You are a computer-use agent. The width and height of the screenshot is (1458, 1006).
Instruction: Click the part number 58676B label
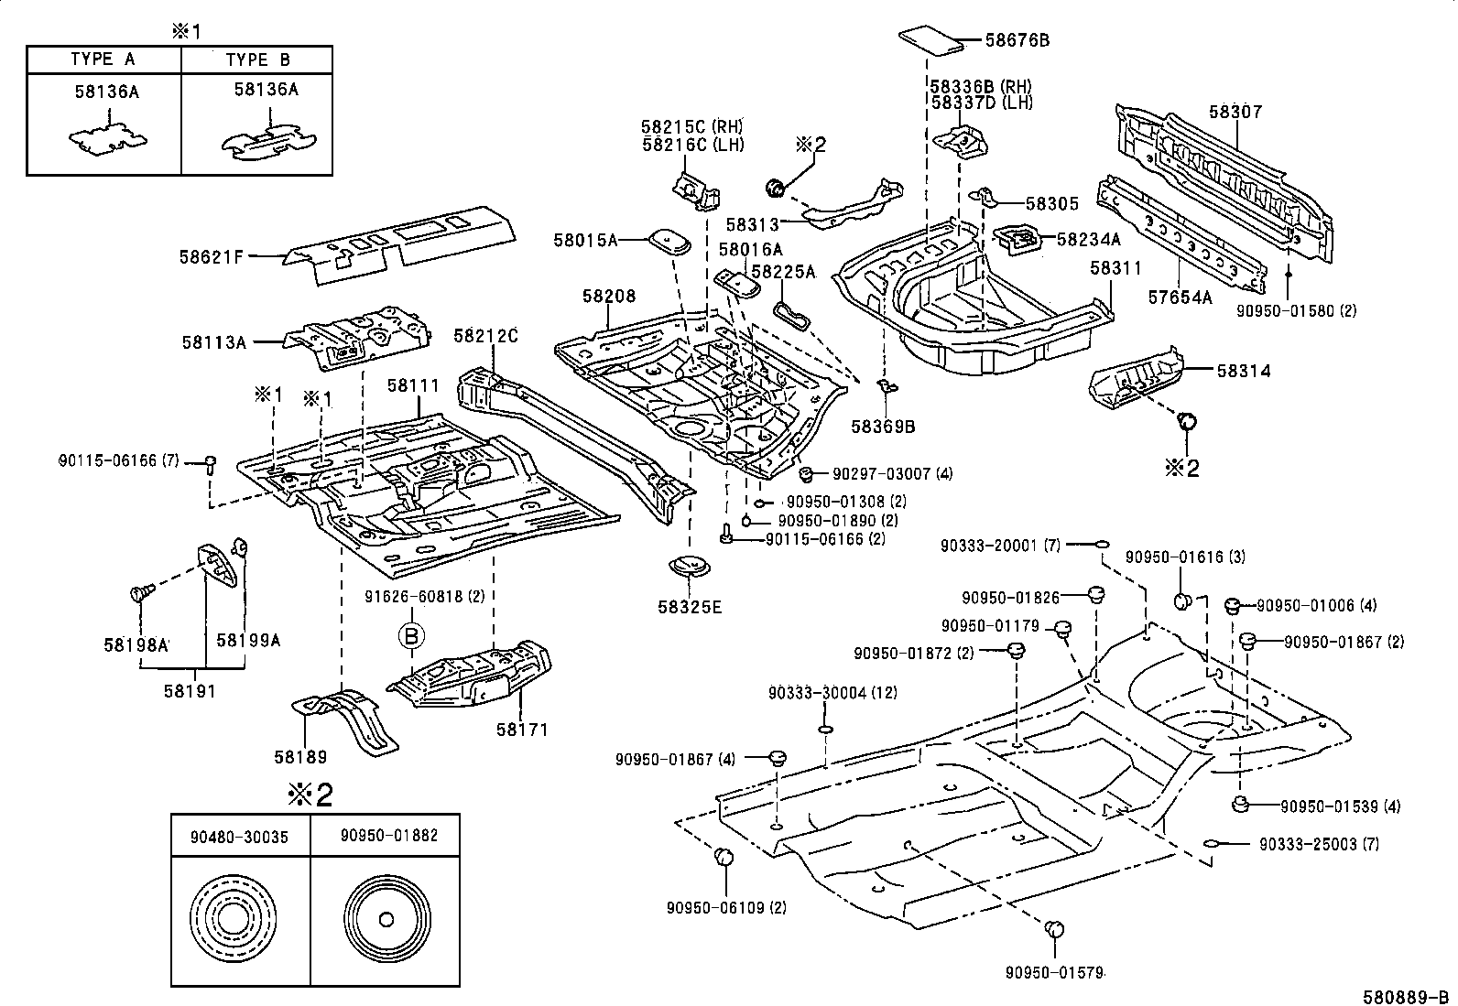1017,40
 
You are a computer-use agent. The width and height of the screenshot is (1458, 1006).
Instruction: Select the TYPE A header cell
103,59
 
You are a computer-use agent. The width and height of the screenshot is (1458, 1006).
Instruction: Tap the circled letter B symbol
411,634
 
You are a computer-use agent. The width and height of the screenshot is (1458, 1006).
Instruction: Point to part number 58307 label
1235,112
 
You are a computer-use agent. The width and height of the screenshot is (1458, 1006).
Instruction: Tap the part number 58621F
211,257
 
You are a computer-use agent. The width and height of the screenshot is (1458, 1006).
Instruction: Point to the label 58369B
883,426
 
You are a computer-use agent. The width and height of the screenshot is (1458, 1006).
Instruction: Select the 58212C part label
485,336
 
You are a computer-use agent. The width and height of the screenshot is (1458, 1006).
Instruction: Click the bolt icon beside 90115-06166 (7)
210,464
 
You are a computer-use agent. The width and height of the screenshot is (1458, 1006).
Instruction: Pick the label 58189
300,757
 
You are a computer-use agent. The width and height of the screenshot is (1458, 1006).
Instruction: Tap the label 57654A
1180,297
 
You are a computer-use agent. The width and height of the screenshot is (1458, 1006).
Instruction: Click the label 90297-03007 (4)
893,473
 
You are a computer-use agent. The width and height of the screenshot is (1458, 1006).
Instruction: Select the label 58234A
1088,239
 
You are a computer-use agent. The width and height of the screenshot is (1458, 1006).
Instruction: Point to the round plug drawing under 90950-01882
385,919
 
